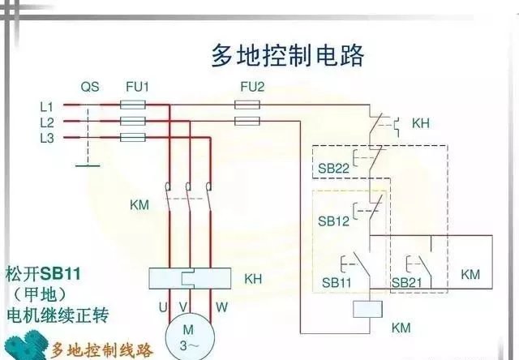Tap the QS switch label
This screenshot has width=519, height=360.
90,86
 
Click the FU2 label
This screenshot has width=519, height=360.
245,86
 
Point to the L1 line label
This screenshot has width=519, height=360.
46,106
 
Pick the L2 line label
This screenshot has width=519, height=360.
46,122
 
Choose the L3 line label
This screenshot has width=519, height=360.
46,138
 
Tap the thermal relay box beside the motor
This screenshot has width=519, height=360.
187,278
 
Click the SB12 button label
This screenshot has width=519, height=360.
332,221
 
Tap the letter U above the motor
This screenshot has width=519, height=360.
161,307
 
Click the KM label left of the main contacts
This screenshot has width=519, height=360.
139,204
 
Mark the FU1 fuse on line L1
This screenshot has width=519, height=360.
132,105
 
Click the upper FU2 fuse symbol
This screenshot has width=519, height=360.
247,105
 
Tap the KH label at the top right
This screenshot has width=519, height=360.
421,123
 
